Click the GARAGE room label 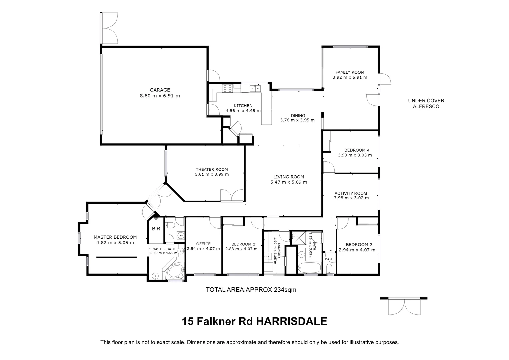(x=160, y=90)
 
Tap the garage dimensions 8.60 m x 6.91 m (x=160, y=96)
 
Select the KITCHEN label (x=243, y=106)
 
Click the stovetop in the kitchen (x=228, y=88)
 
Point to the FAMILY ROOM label (x=350, y=72)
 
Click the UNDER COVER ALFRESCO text (x=426, y=103)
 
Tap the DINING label (x=298, y=116)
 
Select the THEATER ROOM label (x=212, y=169)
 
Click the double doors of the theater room (x=232, y=195)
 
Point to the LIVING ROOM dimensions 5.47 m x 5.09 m (x=289, y=182)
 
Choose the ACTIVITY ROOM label (x=351, y=193)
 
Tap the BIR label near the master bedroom (x=156, y=229)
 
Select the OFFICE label (x=203, y=244)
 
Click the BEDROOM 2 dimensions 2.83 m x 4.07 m (x=241, y=249)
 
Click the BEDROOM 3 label (x=357, y=244)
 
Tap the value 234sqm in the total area (x=285, y=290)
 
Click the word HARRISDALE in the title (x=292, y=321)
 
